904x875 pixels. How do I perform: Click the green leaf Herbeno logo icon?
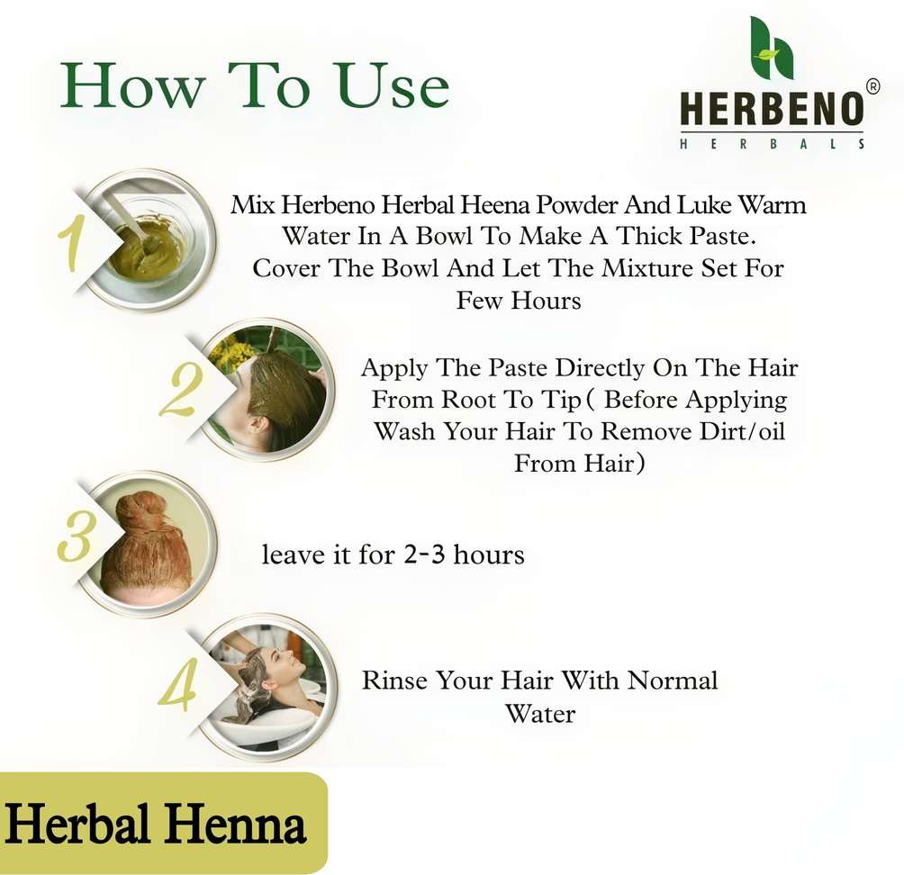pos(771,48)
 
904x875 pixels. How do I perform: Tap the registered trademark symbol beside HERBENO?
pos(872,86)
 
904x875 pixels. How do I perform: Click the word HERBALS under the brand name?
pos(772,143)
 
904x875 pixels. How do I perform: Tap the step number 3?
pos(75,536)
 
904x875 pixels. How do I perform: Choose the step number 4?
pos(178,685)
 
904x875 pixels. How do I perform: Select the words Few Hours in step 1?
pos(519,301)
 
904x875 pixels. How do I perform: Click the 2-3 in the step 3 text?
pos(425,555)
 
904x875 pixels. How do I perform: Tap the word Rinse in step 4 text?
pos(395,681)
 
